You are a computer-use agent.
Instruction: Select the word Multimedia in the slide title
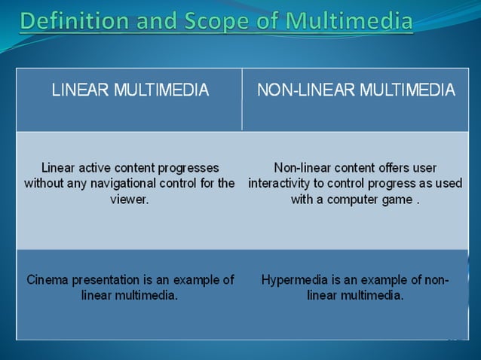tap(348, 20)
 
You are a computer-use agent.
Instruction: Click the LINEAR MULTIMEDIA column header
tap(130, 91)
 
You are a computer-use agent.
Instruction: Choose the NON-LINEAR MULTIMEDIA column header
tap(356, 91)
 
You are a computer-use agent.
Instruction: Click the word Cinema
tap(47, 279)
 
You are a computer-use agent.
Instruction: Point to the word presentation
tap(106, 279)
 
